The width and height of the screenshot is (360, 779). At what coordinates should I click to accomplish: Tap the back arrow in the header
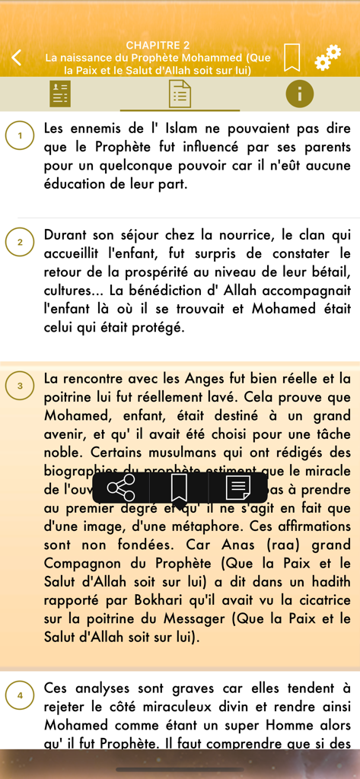[17, 57]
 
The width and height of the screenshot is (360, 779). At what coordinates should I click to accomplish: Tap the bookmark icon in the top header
[292, 57]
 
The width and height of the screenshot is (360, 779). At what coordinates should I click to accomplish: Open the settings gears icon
[327, 57]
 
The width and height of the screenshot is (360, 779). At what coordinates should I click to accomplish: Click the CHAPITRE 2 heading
[158, 46]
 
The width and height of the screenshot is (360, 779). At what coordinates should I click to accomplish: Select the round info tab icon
[299, 94]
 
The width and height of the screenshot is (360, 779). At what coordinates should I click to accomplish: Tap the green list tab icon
[60, 94]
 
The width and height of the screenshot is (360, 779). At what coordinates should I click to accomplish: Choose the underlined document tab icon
[180, 94]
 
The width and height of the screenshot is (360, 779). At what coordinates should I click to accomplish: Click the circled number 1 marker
[20, 136]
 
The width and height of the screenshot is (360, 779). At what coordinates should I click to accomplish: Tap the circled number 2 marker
[20, 243]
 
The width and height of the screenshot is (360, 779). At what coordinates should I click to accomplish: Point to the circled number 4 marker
[20, 695]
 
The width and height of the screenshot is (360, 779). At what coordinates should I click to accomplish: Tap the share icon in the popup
[121, 488]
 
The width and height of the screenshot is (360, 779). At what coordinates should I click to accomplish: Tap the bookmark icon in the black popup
[180, 488]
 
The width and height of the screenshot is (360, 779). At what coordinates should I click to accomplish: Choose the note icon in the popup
[238, 488]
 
